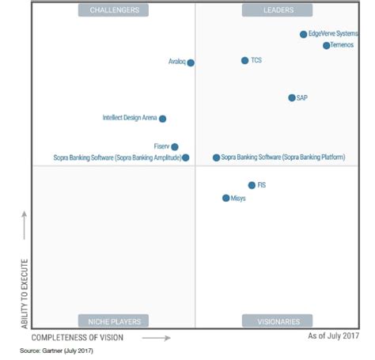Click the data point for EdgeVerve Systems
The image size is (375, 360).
(303, 35)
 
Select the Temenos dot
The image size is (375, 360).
(326, 46)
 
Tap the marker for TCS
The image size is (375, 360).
(244, 60)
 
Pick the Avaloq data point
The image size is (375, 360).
(191, 63)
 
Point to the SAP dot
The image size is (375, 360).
(291, 98)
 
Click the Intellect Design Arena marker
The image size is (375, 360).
(162, 119)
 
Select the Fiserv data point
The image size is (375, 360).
(175, 146)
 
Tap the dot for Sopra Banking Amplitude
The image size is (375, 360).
(186, 157)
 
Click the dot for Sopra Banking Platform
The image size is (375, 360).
(216, 157)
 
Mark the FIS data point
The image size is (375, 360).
(252, 185)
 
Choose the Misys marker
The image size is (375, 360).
(225, 198)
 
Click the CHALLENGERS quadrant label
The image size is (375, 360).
(114, 10)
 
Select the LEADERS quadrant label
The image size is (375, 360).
(278, 10)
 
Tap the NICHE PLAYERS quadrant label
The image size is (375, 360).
(114, 321)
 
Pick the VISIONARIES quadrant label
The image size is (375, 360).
(278, 321)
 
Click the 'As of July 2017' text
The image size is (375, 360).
(334, 336)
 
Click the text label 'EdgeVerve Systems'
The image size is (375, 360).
(333, 35)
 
